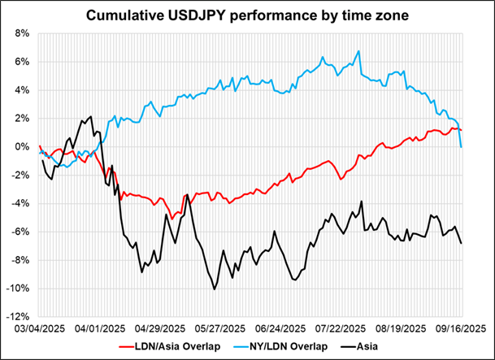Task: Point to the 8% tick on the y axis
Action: click(23, 33)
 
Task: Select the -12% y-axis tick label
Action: click(20, 317)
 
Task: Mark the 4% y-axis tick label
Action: click(23, 90)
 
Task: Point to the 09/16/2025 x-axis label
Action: click(460, 328)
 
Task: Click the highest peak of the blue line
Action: click(358, 51)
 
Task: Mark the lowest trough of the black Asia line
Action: click(214, 288)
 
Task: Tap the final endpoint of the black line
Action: click(462, 243)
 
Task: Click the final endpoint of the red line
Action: click(462, 130)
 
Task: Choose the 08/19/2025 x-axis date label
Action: click(399, 328)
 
